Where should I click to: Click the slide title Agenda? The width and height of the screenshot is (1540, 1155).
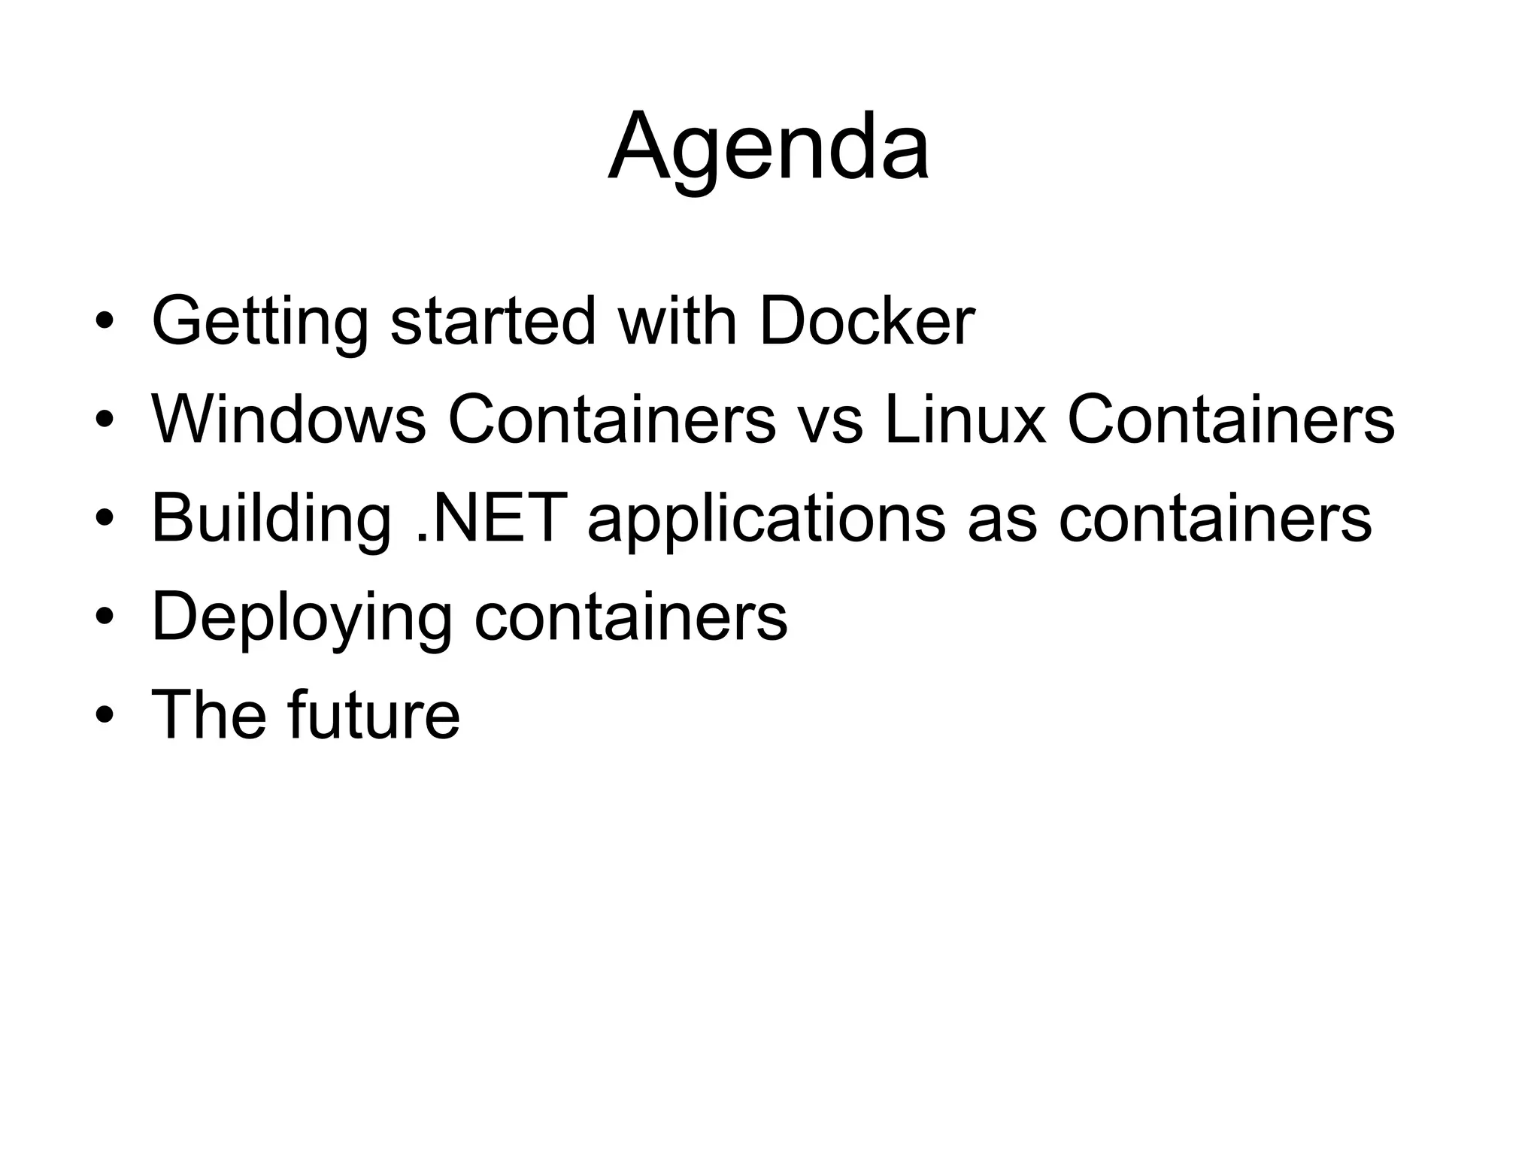coord(768,147)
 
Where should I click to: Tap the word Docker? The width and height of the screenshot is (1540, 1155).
coord(866,321)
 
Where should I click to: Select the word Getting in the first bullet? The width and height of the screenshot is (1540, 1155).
coord(260,321)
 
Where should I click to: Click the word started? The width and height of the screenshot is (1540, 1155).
coord(493,321)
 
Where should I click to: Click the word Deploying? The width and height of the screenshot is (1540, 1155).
coord(302,617)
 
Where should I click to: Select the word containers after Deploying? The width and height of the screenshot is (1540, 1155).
coord(631,617)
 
